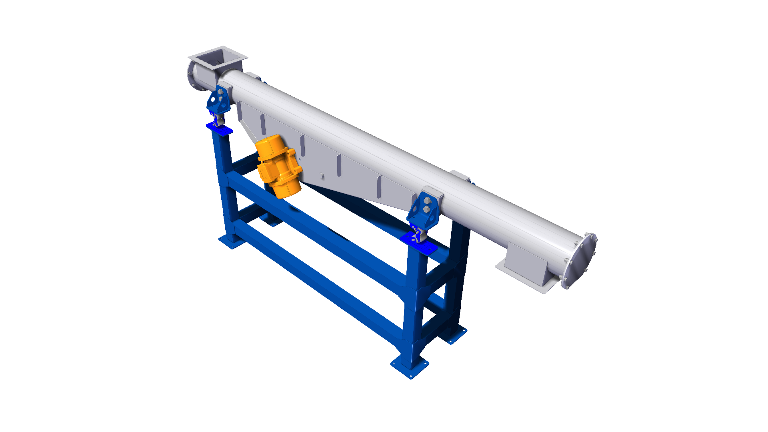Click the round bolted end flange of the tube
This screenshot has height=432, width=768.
click(x=579, y=261)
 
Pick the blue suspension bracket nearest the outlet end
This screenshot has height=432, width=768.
click(x=423, y=211)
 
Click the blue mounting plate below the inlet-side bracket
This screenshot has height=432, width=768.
click(x=219, y=129)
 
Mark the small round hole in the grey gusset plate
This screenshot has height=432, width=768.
click(x=322, y=175)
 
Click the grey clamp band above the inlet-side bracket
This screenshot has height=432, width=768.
click(x=226, y=88)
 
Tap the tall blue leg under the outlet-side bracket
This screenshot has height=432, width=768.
click(x=414, y=304)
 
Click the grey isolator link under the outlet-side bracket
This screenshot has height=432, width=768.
click(x=417, y=234)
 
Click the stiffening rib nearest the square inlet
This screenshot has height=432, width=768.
click(x=263, y=124)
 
